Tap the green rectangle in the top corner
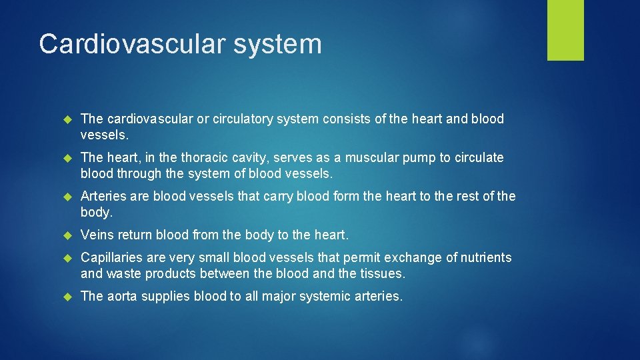coord(565,30)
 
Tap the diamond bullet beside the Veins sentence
coord(66,235)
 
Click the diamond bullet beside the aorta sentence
coord(66,297)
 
